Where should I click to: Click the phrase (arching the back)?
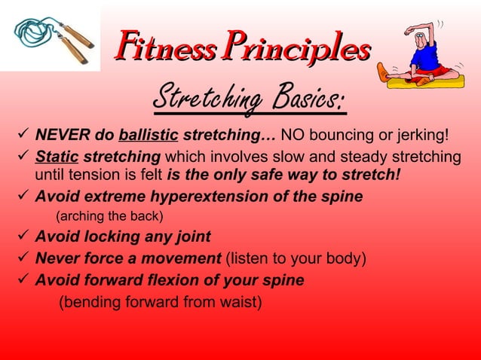(x=110, y=216)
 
